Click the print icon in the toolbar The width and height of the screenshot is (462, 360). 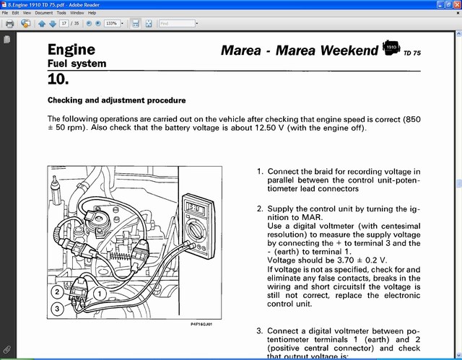[x=9, y=24]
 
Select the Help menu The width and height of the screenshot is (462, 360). [x=92, y=13]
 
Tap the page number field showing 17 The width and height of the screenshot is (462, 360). [x=65, y=24]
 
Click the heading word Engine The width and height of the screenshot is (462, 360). [x=71, y=50]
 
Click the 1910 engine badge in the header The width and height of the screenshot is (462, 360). [x=391, y=48]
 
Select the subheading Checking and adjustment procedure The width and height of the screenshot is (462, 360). [x=116, y=100]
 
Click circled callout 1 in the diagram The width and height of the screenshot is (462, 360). [x=101, y=294]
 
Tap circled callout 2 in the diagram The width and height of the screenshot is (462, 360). [x=56, y=292]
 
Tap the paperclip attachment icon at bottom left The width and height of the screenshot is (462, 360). [x=7, y=350]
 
